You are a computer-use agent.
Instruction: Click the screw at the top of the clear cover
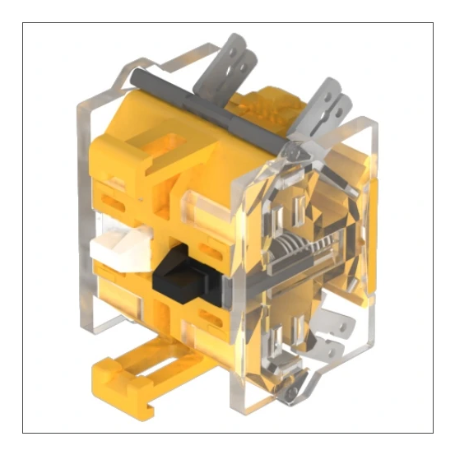[x=293, y=151]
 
